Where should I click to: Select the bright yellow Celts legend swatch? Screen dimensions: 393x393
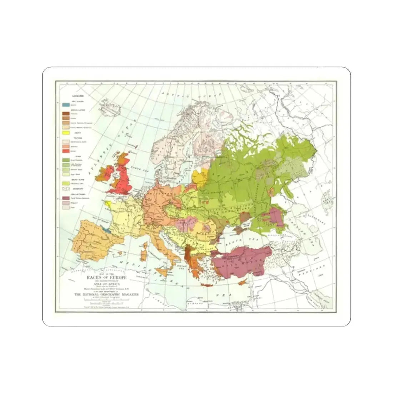coord(66,133)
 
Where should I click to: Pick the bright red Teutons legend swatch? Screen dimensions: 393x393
coord(66,151)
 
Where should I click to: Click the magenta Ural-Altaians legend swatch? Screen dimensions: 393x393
coord(66,198)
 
